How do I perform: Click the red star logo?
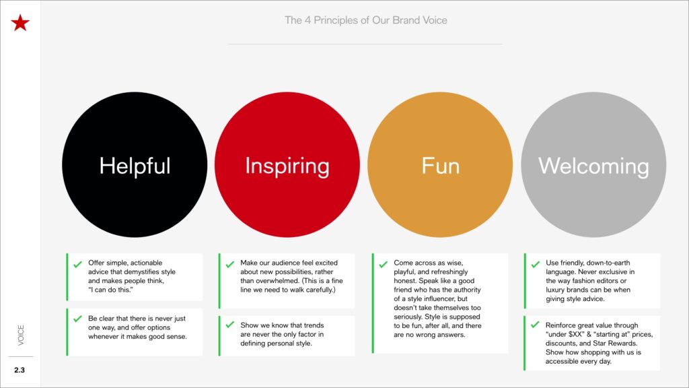[20, 23]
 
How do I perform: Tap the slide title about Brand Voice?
[365, 20]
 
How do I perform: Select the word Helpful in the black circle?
[135, 166]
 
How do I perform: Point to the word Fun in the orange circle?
[440, 166]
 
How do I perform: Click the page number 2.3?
[20, 370]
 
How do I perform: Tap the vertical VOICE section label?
[21, 335]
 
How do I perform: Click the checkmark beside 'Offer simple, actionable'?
[78, 264]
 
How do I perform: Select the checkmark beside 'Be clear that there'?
[78, 319]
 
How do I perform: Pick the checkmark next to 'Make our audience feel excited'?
[230, 264]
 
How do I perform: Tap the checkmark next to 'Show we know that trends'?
[230, 325]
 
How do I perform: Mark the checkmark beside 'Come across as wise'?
[383, 264]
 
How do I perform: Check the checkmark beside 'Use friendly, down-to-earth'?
[535, 264]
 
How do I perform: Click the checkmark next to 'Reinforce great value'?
[535, 325]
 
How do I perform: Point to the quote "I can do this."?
[110, 290]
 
